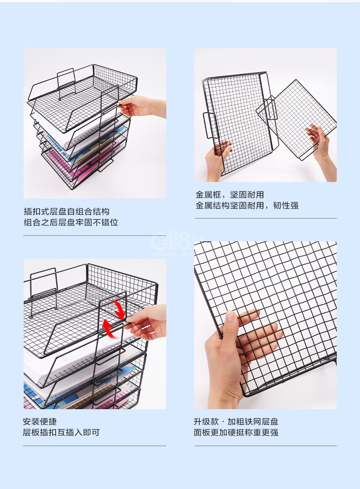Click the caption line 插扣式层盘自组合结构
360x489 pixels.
click(67, 212)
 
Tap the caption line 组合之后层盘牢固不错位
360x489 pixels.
click(71, 222)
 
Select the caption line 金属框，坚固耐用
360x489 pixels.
click(230, 195)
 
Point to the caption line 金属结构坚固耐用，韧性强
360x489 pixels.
click(247, 206)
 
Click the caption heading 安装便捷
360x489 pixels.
click(40, 421)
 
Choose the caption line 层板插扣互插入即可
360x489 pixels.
click(61, 432)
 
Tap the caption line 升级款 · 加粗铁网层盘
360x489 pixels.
click(236, 421)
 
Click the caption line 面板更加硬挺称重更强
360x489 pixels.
click(236, 432)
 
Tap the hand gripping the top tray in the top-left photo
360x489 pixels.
click(142, 106)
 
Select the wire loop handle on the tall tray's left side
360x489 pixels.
click(210, 125)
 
